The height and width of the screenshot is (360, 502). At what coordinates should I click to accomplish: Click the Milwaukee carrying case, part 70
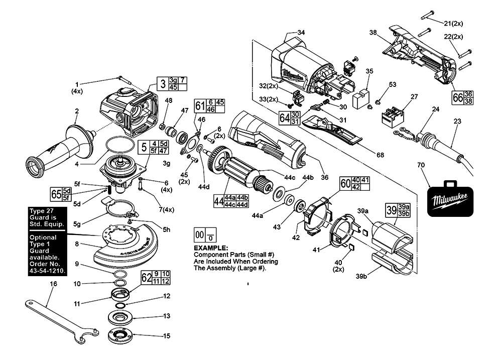coord(450,199)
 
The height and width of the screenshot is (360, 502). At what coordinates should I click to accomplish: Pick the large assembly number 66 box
coord(457,97)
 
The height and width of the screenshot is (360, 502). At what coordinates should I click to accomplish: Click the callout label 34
coord(301,33)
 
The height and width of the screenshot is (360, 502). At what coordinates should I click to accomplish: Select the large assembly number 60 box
coord(345,183)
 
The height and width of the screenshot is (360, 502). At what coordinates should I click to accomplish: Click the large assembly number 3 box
coord(163,83)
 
